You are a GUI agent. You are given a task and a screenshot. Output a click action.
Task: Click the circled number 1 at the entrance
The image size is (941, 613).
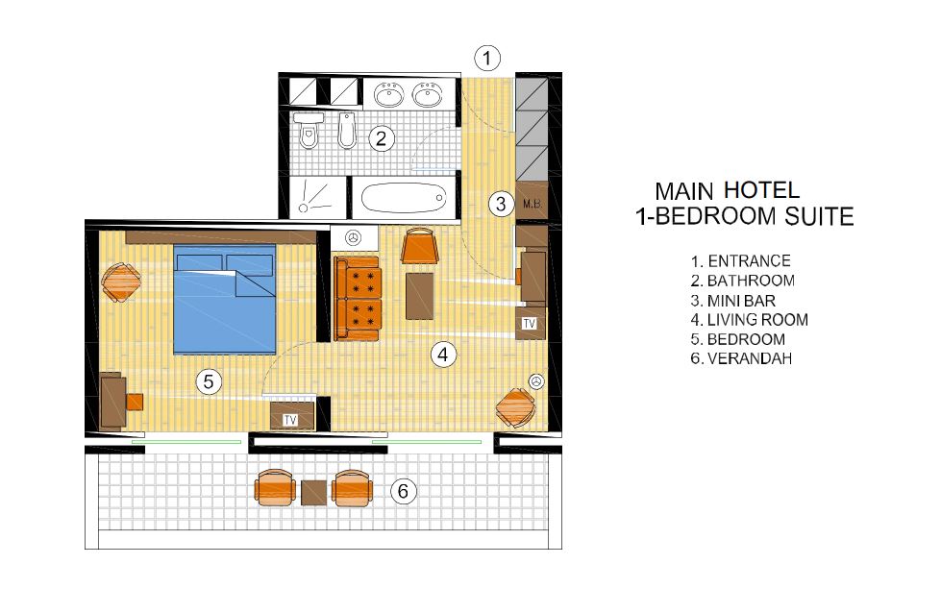point(486,59)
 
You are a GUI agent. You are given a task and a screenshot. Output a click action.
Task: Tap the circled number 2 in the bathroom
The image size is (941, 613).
point(381,138)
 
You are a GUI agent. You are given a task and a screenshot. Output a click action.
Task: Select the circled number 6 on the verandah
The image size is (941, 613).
point(403,491)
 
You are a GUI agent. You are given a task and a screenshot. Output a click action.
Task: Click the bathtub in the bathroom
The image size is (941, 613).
point(404,198)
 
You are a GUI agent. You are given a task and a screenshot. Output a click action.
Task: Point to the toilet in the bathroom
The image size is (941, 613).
point(309,130)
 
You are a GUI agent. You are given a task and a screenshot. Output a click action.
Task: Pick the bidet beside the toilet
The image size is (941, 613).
point(347,130)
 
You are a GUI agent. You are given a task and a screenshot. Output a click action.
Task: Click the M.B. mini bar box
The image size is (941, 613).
point(532,204)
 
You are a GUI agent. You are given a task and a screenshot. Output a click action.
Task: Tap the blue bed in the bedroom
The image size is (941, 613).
point(225,299)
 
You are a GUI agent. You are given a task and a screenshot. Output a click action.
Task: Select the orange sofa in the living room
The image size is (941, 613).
point(357,298)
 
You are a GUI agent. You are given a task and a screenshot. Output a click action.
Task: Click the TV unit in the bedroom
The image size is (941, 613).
point(291,416)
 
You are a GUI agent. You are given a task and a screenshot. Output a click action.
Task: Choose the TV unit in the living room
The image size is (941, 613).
point(530,323)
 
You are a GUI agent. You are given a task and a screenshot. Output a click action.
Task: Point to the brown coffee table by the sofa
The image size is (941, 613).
point(419,296)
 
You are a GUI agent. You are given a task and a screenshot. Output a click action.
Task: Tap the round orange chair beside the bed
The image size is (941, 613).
point(121,282)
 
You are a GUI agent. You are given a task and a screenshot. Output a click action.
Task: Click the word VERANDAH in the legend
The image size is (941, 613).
point(750,358)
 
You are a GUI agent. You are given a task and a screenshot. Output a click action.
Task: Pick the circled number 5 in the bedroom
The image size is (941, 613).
point(209,381)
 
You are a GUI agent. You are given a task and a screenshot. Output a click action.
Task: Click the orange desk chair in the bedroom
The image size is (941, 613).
point(135,402)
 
